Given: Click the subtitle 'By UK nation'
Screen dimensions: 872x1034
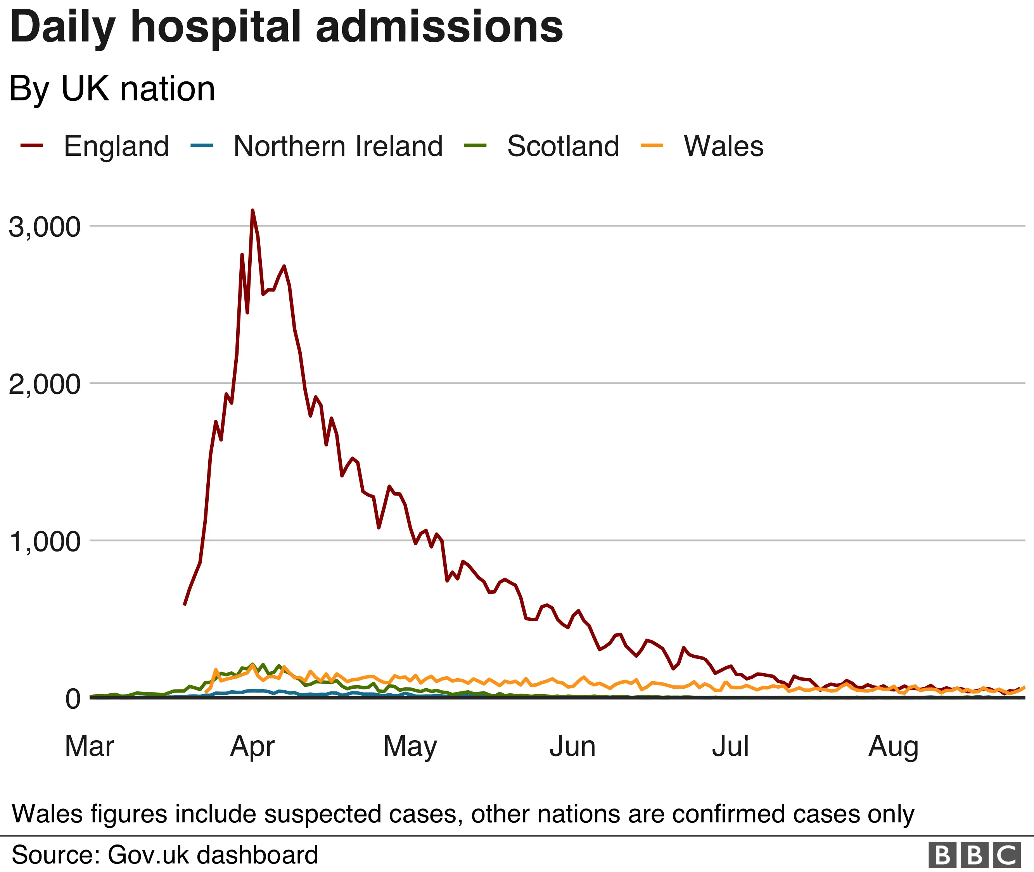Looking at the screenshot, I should click(112, 89).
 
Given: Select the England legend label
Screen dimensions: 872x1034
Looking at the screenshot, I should click(116, 146).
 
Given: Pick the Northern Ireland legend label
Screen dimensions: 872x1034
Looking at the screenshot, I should click(338, 146).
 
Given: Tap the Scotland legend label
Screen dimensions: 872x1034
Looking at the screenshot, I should click(563, 146).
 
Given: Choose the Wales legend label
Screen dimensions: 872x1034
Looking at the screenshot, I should click(723, 146).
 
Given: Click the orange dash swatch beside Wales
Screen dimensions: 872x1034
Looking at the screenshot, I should click(652, 146).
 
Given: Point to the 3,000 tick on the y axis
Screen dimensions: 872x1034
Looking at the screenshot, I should click(45, 227).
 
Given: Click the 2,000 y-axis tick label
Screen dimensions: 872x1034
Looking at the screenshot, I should click(45, 384).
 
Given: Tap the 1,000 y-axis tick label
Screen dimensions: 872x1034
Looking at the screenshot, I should click(45, 542).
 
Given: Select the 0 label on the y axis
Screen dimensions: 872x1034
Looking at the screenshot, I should click(73, 699).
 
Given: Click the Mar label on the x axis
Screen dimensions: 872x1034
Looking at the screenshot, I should click(90, 746).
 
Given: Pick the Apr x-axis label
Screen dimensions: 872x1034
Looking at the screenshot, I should click(252, 746).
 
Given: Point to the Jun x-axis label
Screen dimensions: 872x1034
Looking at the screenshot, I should click(572, 746).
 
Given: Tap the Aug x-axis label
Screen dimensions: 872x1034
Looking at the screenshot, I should click(894, 746).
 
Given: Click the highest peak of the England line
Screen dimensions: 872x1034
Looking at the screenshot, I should click(252, 210).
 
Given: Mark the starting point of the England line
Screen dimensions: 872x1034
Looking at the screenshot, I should click(185, 605).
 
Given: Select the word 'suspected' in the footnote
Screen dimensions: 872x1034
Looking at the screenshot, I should click(323, 814).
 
